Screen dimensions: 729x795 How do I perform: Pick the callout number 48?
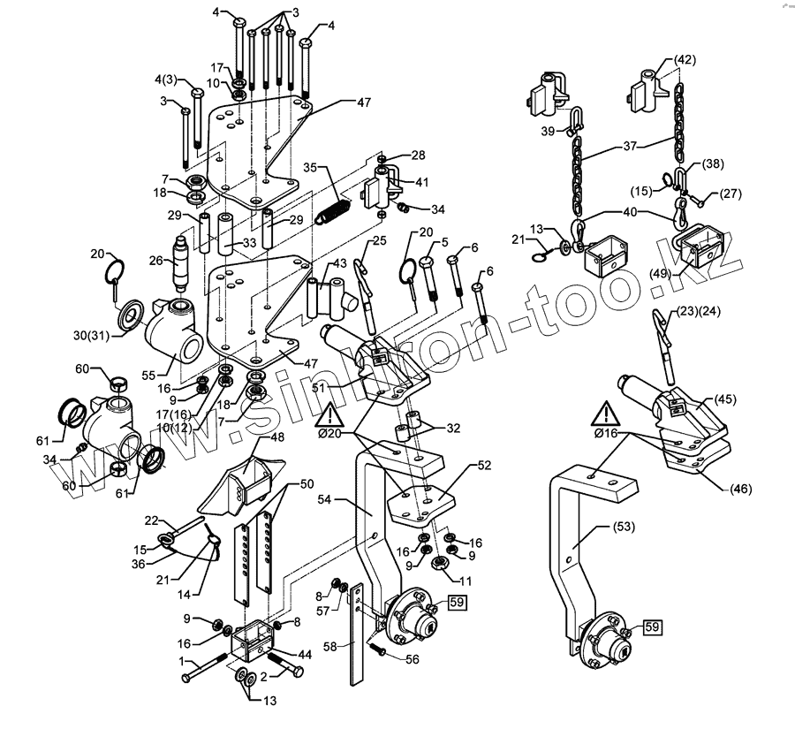(x=276, y=437)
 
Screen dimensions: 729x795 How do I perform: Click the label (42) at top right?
(x=685, y=60)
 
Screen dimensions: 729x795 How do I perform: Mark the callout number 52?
(x=484, y=465)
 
